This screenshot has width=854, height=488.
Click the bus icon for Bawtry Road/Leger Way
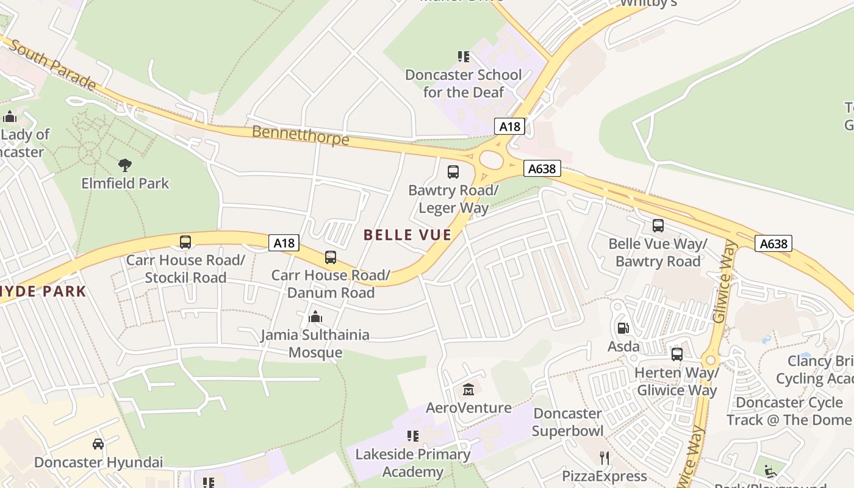pyautogui.click(x=453, y=172)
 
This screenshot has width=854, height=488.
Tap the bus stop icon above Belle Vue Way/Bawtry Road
pyautogui.click(x=658, y=226)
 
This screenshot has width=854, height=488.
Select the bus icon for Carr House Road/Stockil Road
pyautogui.click(x=185, y=242)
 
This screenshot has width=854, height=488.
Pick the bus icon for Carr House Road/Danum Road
pyautogui.click(x=331, y=257)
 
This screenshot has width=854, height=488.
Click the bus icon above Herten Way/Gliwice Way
pyautogui.click(x=676, y=354)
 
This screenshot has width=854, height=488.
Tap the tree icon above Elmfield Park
pyautogui.click(x=125, y=165)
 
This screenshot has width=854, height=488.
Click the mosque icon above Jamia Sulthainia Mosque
pyautogui.click(x=315, y=317)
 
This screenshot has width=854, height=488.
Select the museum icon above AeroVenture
pyautogui.click(x=468, y=389)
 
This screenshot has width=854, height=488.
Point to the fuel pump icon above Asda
pyautogui.click(x=623, y=328)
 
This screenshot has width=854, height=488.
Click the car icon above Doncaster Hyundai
pyautogui.click(x=98, y=443)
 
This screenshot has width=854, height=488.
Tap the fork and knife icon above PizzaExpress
pyautogui.click(x=605, y=457)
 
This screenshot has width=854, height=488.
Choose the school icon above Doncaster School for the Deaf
pyautogui.click(x=464, y=57)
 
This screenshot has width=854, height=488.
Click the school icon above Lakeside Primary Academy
pyautogui.click(x=413, y=436)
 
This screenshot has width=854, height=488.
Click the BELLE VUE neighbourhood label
pyautogui.click(x=407, y=235)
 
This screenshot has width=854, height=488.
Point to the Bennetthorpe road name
pyautogui.click(x=300, y=135)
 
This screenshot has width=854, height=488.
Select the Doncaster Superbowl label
pyautogui.click(x=567, y=422)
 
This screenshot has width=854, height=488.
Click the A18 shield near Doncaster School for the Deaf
pyautogui.click(x=509, y=126)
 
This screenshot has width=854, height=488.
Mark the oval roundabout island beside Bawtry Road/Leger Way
pyautogui.click(x=491, y=160)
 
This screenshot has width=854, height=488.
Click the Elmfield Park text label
pyautogui.click(x=125, y=183)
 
